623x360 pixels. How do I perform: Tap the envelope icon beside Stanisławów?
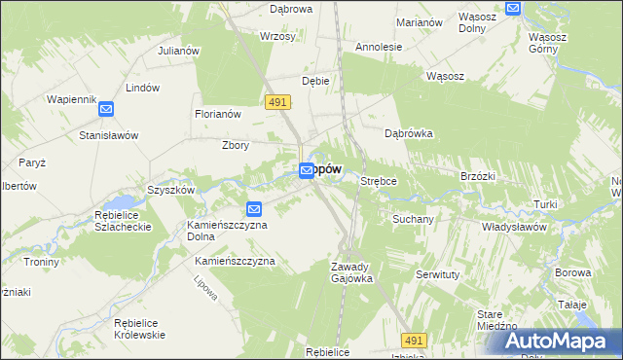tap(105, 110)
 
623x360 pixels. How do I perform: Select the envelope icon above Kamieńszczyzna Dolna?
tap(254, 208)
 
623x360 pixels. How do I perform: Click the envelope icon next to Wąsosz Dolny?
tap(515, 8)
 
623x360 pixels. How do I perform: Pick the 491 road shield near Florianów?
tap(275, 101)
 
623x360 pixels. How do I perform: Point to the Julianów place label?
tap(178, 51)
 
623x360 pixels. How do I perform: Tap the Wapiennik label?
tap(71, 99)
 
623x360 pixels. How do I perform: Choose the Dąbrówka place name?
tap(409, 133)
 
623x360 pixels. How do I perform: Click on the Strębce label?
tap(382, 181)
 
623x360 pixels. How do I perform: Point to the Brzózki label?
tap(478, 176)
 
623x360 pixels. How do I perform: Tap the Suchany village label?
tap(412, 219)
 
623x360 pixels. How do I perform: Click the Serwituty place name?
tap(438, 275)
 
